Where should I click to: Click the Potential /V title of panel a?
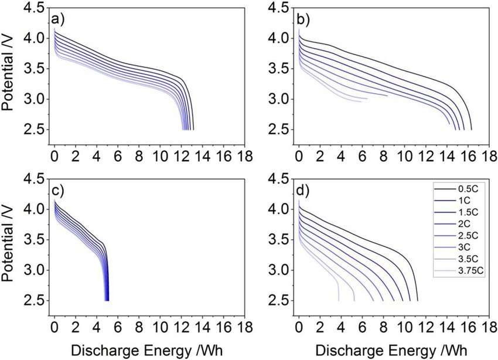point(8,69)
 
